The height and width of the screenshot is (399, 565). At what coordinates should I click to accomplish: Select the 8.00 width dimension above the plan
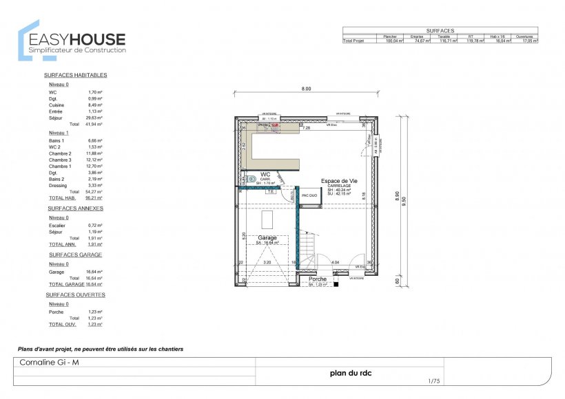pyautogui.click(x=306, y=89)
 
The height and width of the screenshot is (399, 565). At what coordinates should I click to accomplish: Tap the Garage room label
pyautogui.click(x=267, y=237)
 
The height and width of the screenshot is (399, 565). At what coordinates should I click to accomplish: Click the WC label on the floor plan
pyautogui.click(x=265, y=174)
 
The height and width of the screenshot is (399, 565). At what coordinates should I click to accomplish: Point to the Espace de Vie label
pyautogui.click(x=338, y=181)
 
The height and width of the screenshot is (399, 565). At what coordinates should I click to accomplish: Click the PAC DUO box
pyautogui.click(x=309, y=195)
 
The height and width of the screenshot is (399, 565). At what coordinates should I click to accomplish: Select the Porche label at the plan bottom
pyautogui.click(x=318, y=279)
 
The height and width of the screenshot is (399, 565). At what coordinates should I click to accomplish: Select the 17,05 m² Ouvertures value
pyautogui.click(x=528, y=41)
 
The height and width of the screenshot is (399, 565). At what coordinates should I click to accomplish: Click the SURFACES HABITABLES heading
pyautogui.click(x=75, y=74)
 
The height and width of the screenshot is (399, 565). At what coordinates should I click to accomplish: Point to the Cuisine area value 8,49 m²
pyautogui.click(x=95, y=105)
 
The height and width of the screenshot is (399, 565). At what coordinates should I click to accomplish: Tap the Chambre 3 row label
pyautogui.click(x=61, y=160)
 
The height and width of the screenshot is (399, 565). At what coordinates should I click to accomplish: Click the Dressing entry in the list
pyautogui.click(x=59, y=185)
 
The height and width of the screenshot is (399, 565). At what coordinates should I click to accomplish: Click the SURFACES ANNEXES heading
pyautogui.click(x=75, y=207)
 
